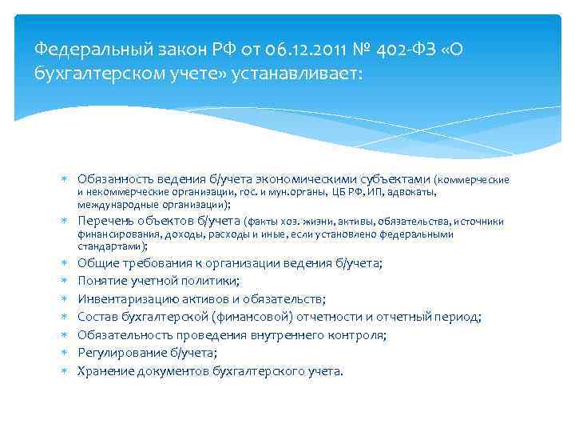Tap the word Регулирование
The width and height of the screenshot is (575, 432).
pos(117,353)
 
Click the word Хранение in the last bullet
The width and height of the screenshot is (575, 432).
pos(103,371)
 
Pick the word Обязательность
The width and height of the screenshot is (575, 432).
pos(124,335)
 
